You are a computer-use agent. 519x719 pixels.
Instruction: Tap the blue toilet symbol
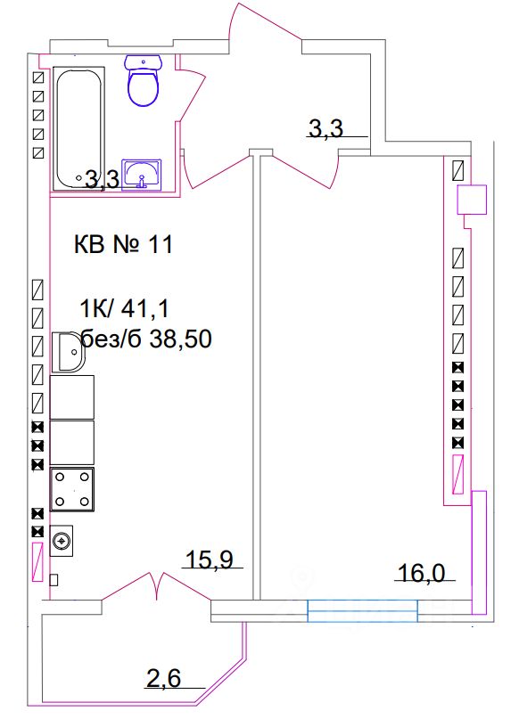(x=144, y=86)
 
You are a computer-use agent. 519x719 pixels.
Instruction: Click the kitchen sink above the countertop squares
(x=68, y=352)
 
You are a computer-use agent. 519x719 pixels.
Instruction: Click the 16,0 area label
(x=420, y=575)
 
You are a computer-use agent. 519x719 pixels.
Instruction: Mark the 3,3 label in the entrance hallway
(x=325, y=129)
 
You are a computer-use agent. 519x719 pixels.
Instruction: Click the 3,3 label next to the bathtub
(x=101, y=181)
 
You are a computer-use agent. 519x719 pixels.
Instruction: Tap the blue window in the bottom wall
(x=362, y=610)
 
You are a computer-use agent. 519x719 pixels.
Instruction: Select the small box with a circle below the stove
(x=62, y=540)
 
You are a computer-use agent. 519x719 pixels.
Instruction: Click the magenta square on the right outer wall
(x=472, y=200)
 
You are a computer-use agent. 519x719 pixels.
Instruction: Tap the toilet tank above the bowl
(x=144, y=61)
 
